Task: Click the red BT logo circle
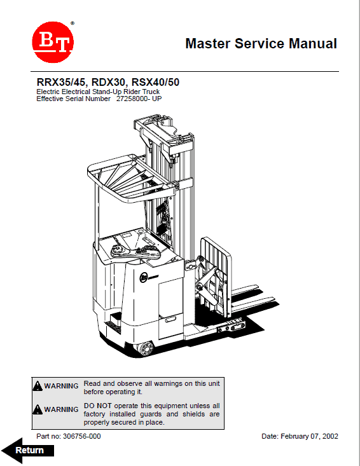coord(53,43)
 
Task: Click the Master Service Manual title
coord(261,44)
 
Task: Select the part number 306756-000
coord(79,437)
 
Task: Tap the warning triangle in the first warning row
coord(38,386)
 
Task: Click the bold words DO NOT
coord(96,406)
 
